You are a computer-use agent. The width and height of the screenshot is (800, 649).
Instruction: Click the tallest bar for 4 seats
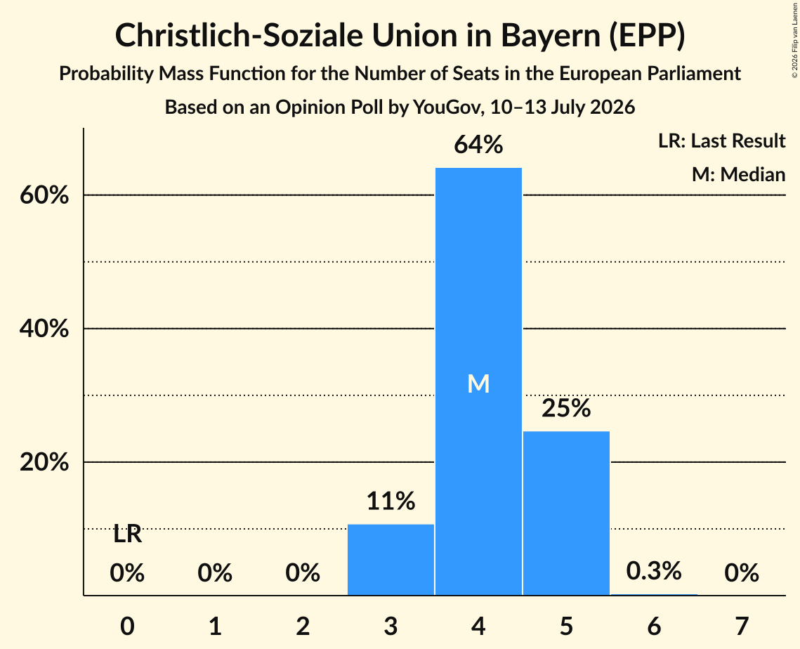pyautogui.click(x=478, y=381)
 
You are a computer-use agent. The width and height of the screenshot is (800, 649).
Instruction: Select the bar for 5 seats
pyautogui.click(x=566, y=513)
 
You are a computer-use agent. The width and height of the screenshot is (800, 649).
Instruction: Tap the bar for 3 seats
pyautogui.click(x=391, y=560)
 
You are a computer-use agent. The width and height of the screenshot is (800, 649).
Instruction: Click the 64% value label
pyautogui.click(x=478, y=145)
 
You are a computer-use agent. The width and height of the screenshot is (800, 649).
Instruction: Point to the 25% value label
pyautogui.click(x=566, y=408)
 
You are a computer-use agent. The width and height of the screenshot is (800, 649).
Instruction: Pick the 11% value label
pyautogui.click(x=391, y=501)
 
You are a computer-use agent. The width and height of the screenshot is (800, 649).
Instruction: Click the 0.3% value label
pyautogui.click(x=654, y=571)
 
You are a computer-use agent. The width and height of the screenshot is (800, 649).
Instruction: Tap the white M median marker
pyautogui.click(x=478, y=383)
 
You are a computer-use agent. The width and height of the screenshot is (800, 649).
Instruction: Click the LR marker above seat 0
pyautogui.click(x=128, y=535)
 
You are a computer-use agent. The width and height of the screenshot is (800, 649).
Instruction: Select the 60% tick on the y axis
pyautogui.click(x=44, y=195)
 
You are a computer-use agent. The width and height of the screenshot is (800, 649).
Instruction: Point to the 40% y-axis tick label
pyautogui.click(x=44, y=329)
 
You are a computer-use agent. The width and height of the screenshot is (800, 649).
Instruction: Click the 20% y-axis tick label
pyautogui.click(x=44, y=462)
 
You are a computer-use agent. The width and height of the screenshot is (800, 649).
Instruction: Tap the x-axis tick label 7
pyautogui.click(x=742, y=626)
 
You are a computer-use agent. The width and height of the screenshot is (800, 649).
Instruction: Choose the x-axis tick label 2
pyautogui.click(x=303, y=626)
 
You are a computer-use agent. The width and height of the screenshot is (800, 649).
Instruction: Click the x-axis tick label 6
pyautogui.click(x=654, y=626)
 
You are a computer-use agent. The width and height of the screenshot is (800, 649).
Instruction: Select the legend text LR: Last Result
pyautogui.click(x=722, y=140)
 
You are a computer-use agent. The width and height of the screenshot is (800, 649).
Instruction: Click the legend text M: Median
pyautogui.click(x=739, y=174)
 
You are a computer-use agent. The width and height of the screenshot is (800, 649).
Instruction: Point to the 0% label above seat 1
pyautogui.click(x=216, y=573)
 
